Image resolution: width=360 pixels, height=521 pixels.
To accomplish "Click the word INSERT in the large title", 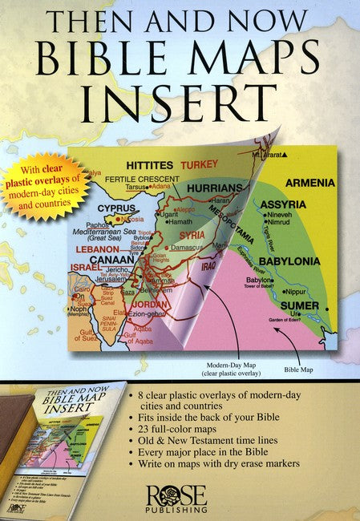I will pos(180,104).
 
